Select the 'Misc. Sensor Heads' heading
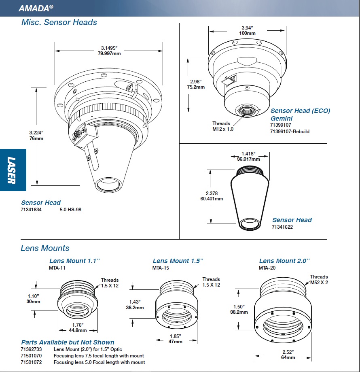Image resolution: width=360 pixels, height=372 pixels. coord(59,22)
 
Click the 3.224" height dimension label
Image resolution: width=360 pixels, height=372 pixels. coord(36,132)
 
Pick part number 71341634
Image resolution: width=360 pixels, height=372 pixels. coord(31,210)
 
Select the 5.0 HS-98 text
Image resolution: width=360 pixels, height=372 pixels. coord(70,210)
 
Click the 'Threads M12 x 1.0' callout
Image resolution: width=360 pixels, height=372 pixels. coord(221,126)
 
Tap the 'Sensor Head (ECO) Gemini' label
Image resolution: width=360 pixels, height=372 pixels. coord(300,114)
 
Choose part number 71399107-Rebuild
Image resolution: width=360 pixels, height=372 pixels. coord(290,131)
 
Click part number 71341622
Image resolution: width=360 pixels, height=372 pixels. coord(282,227)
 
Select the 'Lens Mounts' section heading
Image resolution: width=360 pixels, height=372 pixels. coord(45,248)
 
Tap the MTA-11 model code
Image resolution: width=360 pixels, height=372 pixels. coord(57,268)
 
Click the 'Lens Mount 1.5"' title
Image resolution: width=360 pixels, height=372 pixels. coord(178,261)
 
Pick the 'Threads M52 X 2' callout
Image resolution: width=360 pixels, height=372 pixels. coord(319,280)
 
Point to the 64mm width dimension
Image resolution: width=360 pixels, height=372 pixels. coord(288,357)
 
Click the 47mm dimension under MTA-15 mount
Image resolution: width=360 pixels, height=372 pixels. coord(175,342)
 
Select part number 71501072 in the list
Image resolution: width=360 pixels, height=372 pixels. coord(31,362)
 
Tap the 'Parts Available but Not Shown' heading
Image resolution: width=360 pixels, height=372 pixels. coord(68,342)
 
